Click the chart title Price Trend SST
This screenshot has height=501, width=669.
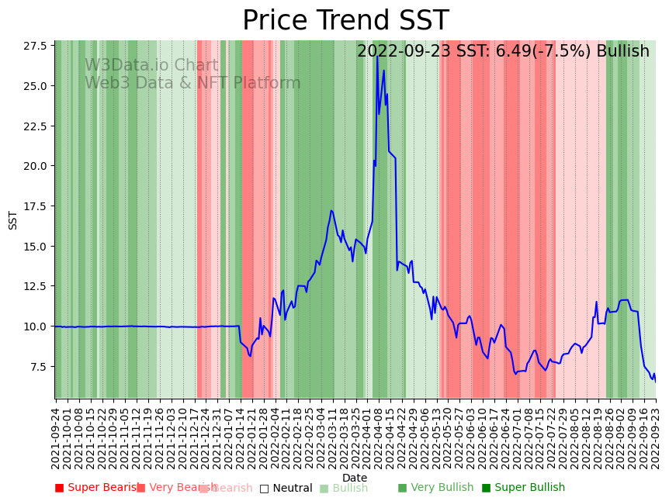(x=345, y=21)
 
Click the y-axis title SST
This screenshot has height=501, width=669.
(x=13, y=219)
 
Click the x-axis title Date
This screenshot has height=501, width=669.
(x=355, y=478)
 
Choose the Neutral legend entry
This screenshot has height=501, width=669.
(x=286, y=488)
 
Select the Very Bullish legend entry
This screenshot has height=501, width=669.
(x=435, y=488)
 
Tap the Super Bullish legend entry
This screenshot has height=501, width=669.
(x=523, y=488)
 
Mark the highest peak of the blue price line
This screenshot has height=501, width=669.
(x=377, y=57)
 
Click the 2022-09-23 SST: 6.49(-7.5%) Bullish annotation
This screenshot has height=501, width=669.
(x=503, y=52)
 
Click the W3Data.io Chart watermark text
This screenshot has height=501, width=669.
(x=151, y=66)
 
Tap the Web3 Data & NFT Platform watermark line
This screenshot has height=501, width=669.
(x=192, y=83)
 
